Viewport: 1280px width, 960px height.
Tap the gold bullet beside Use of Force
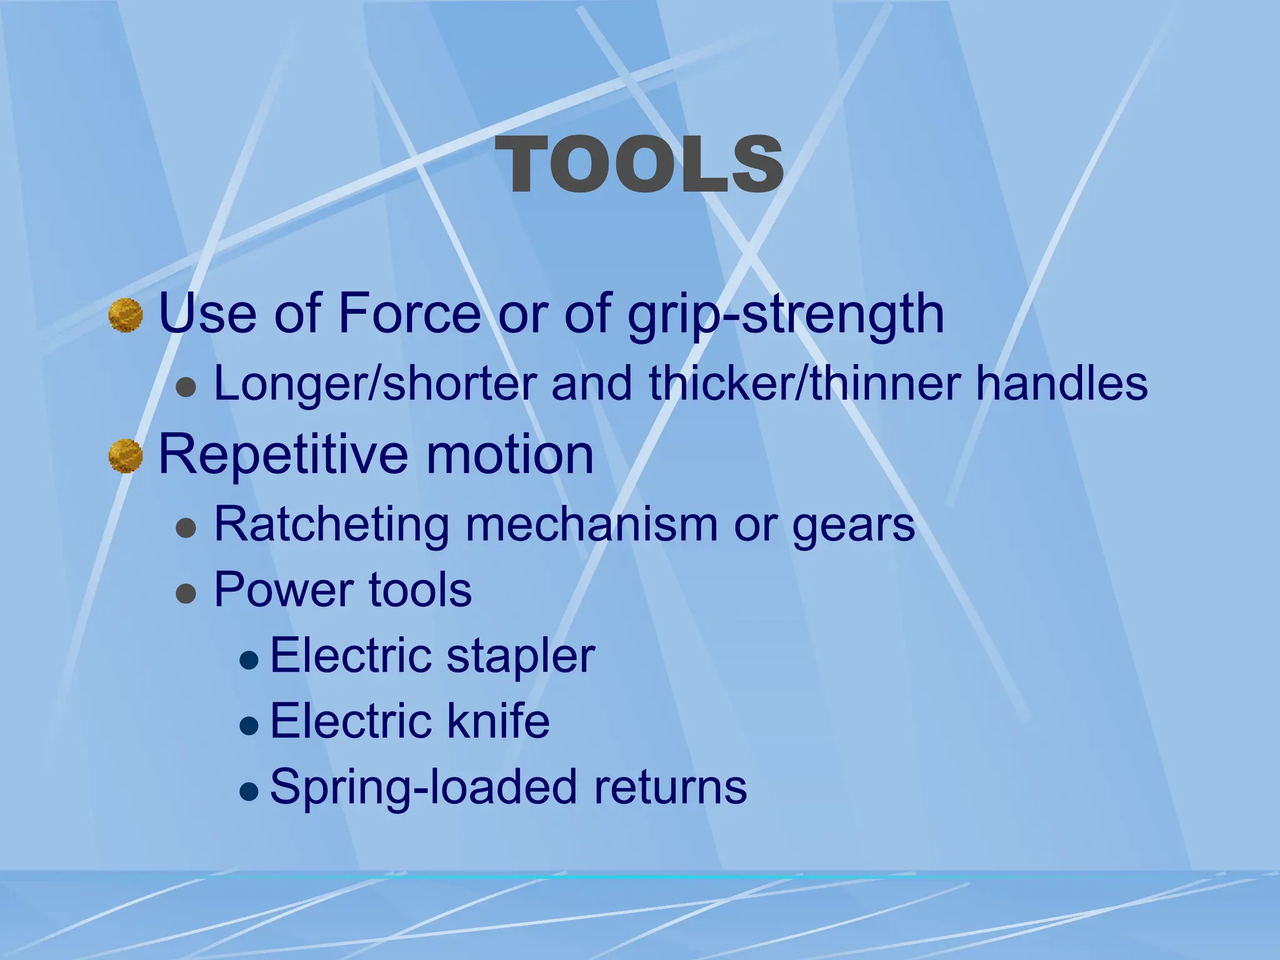tap(126, 316)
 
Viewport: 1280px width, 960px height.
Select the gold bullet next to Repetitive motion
tap(126, 456)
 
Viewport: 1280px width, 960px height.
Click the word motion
tap(509, 455)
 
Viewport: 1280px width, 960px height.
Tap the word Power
tap(283, 589)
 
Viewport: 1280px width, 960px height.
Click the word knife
tap(497, 721)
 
